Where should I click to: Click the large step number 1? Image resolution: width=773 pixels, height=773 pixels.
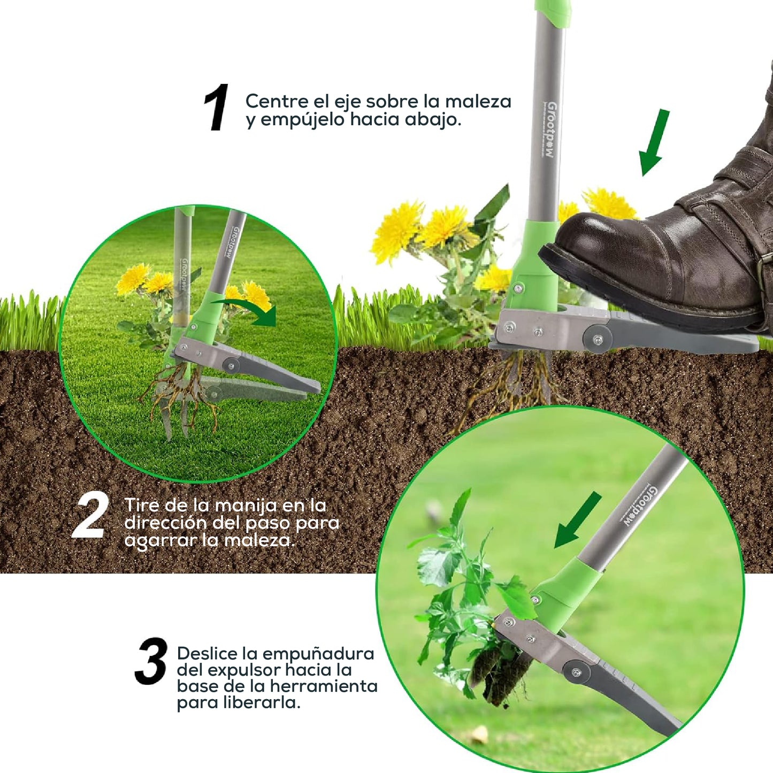pyautogui.click(x=217, y=108)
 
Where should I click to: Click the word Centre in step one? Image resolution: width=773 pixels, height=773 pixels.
pyautogui.click(x=277, y=101)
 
